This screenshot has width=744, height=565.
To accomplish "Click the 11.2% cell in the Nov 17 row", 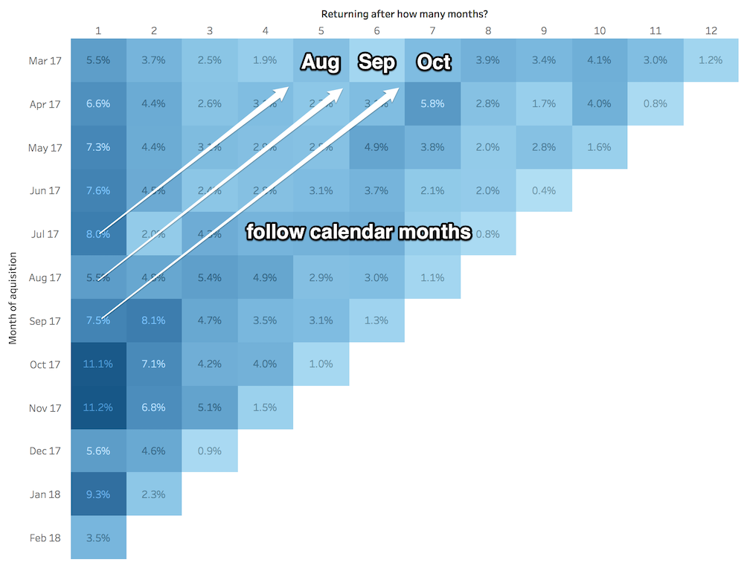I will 99,407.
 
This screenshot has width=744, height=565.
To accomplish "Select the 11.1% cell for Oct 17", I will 99,364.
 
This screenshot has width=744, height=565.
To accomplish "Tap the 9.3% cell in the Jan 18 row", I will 99,494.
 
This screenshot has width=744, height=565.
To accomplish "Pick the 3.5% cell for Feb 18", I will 99,537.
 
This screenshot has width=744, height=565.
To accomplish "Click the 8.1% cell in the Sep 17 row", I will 154,321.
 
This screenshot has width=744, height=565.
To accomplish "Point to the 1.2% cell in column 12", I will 711,60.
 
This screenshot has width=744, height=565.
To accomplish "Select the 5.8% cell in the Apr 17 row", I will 432,103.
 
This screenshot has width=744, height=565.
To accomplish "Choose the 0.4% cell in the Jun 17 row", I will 544,190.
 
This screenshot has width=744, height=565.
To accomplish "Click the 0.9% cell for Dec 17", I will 210,451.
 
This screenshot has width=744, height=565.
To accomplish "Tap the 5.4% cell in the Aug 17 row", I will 210,277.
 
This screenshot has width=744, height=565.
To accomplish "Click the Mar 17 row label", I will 45,60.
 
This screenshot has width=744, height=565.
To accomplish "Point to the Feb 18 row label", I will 45,537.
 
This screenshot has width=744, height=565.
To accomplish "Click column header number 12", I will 711,30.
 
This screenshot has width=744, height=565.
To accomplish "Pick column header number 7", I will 432,30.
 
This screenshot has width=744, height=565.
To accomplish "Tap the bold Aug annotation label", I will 321,62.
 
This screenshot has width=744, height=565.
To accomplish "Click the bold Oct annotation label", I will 434,62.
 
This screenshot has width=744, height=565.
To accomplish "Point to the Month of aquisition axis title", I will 13,297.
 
